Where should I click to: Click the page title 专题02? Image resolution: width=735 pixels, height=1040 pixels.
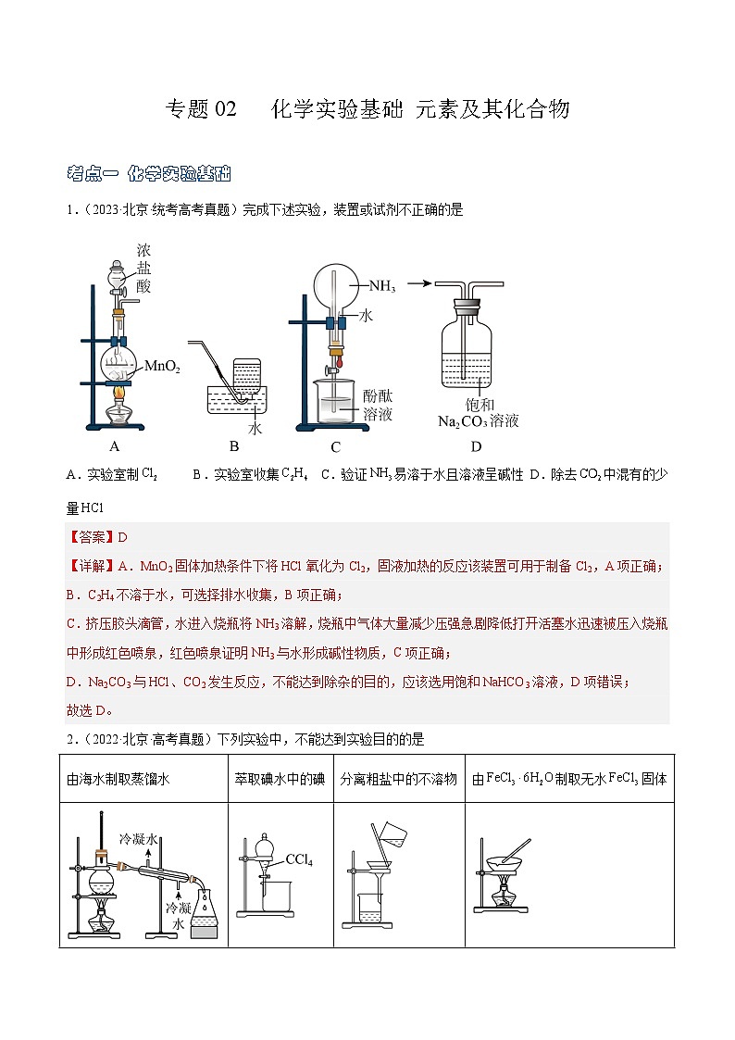pos(201,109)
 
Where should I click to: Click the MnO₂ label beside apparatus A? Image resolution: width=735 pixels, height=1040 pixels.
pos(162,367)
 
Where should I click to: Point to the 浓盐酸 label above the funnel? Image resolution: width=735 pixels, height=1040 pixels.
pos(143,269)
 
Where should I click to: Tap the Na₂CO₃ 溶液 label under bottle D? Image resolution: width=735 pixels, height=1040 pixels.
pos(478,421)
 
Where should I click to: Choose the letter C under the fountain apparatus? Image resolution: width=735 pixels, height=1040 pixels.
pos(335,447)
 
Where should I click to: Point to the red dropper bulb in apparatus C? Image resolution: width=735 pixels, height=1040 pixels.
pos(339,363)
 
